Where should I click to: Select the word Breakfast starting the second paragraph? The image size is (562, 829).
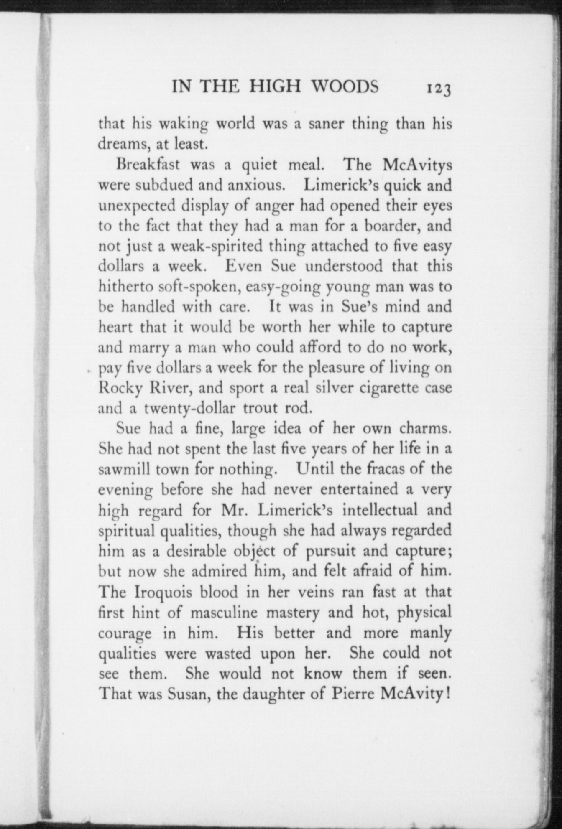[148, 164]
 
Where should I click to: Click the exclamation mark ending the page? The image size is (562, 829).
[448, 694]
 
